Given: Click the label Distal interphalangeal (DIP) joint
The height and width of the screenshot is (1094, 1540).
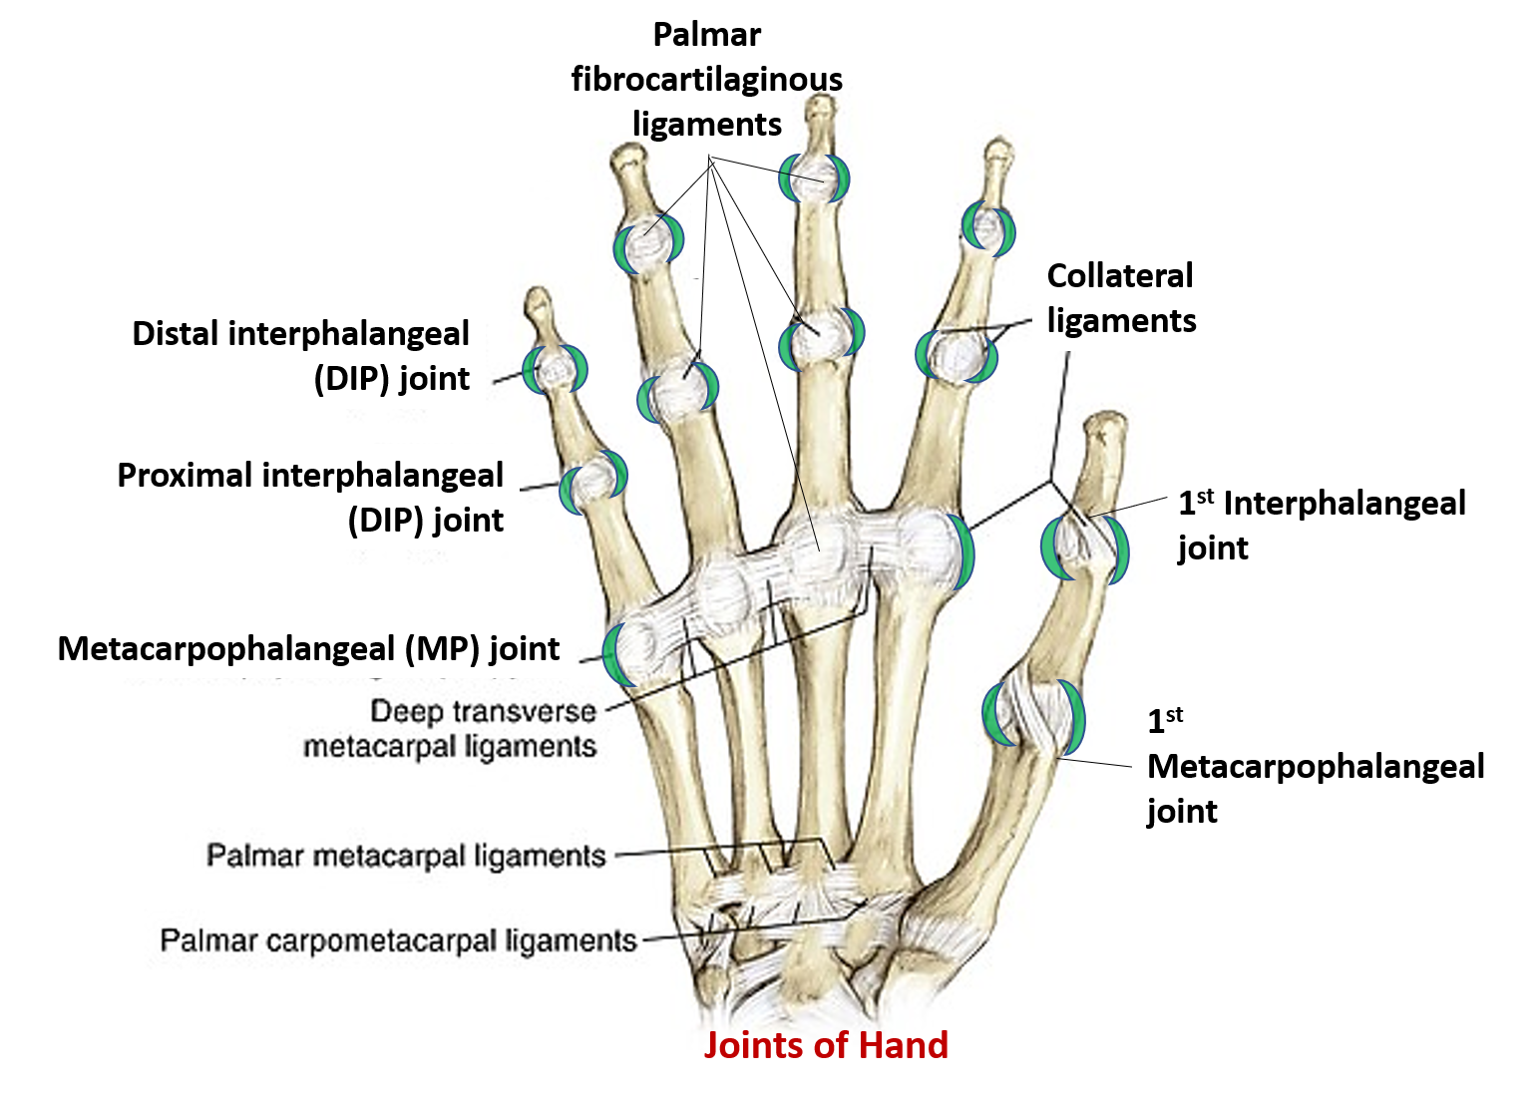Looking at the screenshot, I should pos(300,356).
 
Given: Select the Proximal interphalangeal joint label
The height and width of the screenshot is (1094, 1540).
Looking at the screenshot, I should pos(310,497).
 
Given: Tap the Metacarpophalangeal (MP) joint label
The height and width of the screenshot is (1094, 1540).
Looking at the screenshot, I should pos(308,649).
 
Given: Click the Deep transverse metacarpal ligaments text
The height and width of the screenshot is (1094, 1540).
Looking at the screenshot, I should pos(451,729).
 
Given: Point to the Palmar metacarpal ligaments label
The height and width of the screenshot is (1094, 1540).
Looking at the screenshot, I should pos(406,856).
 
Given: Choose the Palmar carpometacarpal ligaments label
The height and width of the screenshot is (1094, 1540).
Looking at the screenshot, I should pos(398,940).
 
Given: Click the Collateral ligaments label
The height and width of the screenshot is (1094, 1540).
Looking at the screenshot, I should pos(1120,298).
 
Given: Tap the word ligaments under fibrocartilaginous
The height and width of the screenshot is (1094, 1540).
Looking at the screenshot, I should pos(707,125).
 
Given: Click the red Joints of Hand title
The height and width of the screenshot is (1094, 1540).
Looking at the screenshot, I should pos(826,1044).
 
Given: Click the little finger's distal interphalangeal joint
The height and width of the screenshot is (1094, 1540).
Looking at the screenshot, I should pos(556,369).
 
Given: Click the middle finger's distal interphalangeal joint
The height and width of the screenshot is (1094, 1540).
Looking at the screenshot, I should pos(816,178).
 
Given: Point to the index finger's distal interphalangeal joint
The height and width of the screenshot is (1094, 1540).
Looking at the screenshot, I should pos(987,227).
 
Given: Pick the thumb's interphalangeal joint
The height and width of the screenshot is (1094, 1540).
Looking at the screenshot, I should pos(1083,546).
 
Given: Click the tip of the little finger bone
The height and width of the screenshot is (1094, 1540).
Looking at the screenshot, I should pos(538,298).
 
